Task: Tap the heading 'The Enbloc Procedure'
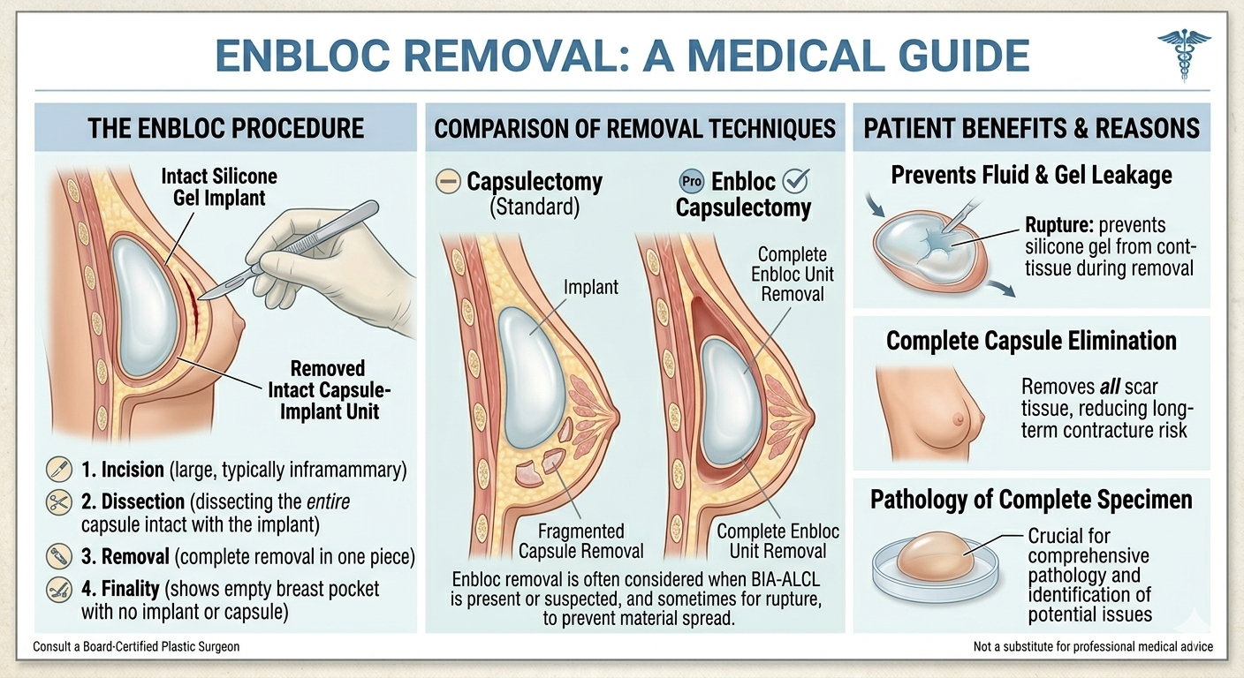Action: point(225,128)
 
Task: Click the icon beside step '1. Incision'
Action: point(59,469)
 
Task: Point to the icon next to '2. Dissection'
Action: point(59,502)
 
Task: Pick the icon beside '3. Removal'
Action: point(59,557)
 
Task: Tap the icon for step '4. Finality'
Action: point(59,590)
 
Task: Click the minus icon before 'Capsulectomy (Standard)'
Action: point(448,183)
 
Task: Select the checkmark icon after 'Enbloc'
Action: point(797,182)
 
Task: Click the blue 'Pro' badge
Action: point(692,182)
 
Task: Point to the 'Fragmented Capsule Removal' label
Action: point(580,541)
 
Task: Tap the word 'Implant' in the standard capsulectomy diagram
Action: point(591,287)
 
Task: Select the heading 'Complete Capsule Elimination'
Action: point(1031,341)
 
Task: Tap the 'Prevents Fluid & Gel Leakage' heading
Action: point(1031,175)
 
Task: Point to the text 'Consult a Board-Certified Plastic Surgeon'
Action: point(136,647)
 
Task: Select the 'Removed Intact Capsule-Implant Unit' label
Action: point(328,389)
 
